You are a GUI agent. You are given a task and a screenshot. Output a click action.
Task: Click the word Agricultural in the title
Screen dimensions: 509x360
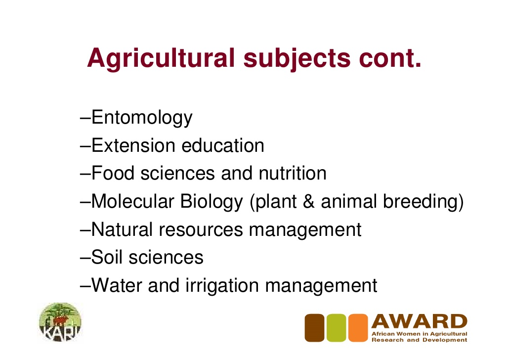(161, 58)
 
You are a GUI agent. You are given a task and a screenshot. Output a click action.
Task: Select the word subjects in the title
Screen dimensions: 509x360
(297, 58)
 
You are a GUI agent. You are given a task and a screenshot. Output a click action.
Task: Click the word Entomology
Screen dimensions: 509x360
(142, 118)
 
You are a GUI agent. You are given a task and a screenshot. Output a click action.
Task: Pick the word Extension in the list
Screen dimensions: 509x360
(133, 145)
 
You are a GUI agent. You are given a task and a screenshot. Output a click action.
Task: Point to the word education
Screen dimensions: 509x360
(223, 145)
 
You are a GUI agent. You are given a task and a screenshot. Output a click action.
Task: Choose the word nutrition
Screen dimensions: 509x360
(293, 173)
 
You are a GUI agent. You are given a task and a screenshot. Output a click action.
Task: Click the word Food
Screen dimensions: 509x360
(113, 173)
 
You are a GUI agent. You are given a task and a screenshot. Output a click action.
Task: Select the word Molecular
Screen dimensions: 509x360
(133, 201)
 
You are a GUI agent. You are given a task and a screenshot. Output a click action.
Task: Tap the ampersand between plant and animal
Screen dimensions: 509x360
(309, 201)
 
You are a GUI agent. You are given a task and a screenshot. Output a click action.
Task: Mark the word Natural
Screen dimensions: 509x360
(122, 229)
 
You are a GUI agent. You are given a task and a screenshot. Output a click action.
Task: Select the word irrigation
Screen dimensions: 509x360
(222, 286)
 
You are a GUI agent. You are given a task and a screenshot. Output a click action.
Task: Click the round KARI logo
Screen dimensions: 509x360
(60, 322)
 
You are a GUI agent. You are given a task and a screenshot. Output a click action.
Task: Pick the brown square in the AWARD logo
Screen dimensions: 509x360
(315, 328)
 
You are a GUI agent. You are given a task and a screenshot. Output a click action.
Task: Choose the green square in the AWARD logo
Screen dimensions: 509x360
(337, 328)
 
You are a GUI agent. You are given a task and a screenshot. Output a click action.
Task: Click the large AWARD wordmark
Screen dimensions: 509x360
(420, 321)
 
